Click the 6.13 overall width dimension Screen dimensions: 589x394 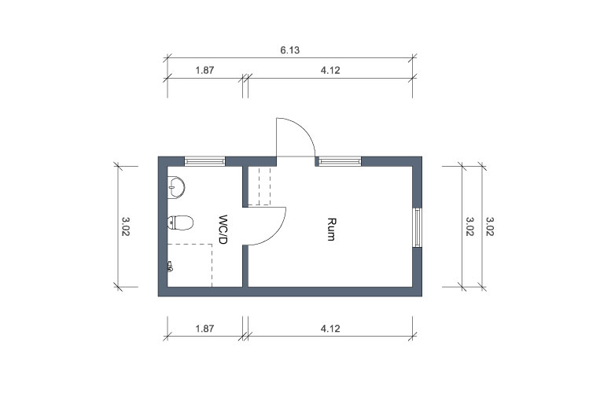tap(289, 50)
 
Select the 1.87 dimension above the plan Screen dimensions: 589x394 tap(204, 70)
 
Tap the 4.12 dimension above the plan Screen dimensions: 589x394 tap(330, 70)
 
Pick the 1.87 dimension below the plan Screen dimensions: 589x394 tap(204, 329)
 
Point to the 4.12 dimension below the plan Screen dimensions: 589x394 tap(330, 329)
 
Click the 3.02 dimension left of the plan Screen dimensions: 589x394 tap(126, 226)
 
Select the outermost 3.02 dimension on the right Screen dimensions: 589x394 tap(490, 226)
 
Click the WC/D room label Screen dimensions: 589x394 tap(223, 230)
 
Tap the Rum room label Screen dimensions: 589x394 tap(331, 229)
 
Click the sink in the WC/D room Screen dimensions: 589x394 tap(176, 187)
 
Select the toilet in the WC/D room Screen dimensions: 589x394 tap(180, 223)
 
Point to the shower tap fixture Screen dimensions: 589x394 tap(170, 267)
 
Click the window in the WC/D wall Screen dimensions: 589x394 tap(204, 161)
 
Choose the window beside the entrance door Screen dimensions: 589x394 tap(340, 161)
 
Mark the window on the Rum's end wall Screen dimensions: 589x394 tap(417, 227)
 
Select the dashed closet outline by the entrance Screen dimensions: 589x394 tap(260, 186)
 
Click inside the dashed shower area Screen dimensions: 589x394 tap(190, 266)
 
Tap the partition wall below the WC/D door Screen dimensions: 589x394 tap(245, 267)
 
